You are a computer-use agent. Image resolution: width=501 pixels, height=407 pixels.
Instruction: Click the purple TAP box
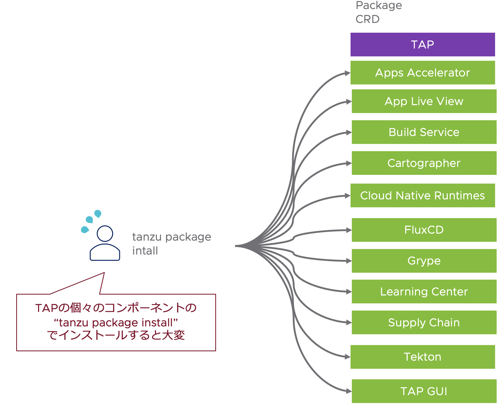[422, 45]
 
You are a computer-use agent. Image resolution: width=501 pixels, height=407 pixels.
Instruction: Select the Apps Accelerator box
[422, 73]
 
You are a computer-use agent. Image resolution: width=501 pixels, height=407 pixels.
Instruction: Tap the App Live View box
[424, 101]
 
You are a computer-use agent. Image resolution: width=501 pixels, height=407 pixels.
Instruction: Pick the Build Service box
[424, 132]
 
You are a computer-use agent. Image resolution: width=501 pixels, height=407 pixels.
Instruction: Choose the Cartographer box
[424, 163]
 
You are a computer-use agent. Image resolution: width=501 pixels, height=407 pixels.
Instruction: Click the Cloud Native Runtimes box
[422, 196]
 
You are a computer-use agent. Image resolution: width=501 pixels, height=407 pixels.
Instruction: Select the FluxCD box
[424, 230]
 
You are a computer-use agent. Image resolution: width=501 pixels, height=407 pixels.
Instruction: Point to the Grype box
[424, 261]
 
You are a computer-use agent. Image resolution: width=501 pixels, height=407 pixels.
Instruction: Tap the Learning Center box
[424, 292]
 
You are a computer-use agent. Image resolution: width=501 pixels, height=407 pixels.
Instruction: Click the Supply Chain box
[424, 323]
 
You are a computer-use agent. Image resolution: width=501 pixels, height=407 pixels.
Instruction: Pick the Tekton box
[422, 357]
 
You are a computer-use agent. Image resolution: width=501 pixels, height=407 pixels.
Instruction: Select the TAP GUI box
[424, 391]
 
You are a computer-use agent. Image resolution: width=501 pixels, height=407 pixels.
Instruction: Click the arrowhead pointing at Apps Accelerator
[348, 73]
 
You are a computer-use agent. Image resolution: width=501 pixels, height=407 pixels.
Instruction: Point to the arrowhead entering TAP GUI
[349, 391]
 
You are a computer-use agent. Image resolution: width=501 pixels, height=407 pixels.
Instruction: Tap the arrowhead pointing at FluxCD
[349, 230]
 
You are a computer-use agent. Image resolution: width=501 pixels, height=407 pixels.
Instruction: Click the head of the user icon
[105, 234]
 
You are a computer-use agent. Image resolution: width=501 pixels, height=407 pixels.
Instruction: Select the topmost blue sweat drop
[98, 214]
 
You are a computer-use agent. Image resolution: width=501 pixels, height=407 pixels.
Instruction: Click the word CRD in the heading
[368, 19]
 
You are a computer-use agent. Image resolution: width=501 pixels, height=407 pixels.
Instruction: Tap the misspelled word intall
[145, 251]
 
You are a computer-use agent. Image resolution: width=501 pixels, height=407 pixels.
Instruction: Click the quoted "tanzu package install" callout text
[116, 323]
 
